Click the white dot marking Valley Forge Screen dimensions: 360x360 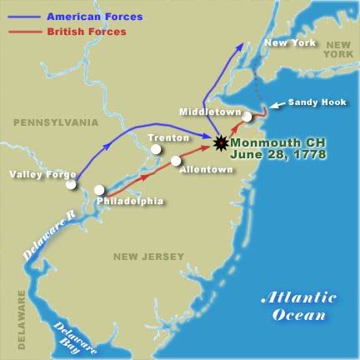pos(72,183)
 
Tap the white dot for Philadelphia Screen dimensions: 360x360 pos(100,190)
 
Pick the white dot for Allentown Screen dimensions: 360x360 pos(176,160)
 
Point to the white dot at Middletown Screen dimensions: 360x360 pos(247,117)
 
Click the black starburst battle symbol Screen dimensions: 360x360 pos(220,142)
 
